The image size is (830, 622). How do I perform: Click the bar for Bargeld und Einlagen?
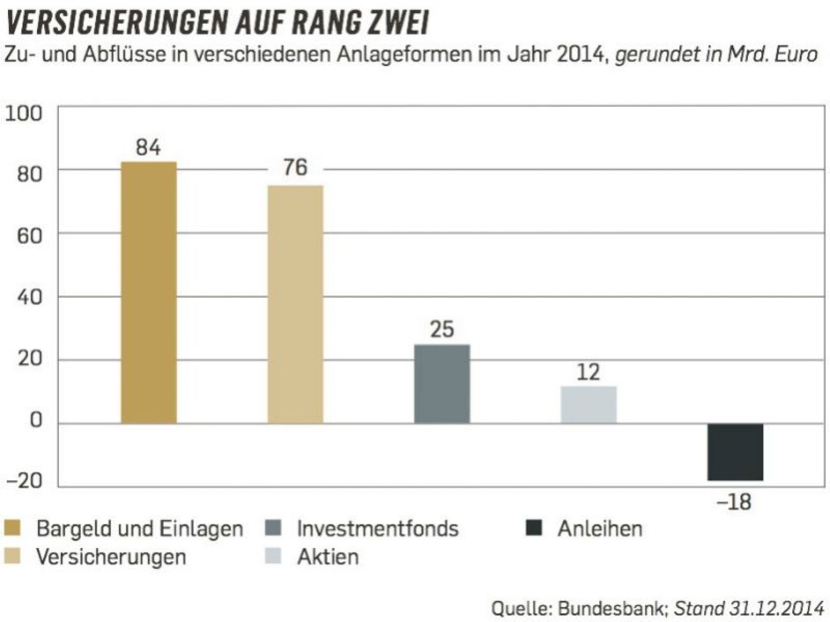149,292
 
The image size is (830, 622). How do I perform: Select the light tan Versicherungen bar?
295,304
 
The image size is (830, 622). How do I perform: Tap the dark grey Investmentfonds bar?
442,384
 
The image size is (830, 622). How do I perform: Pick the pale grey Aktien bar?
588,405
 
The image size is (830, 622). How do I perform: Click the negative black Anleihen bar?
735,452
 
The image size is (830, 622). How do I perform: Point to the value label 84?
148,147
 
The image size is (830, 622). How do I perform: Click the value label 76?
295,167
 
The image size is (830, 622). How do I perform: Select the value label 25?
442,329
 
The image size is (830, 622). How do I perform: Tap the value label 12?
588,372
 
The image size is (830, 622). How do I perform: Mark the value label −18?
734,502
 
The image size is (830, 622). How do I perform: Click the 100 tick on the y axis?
24,113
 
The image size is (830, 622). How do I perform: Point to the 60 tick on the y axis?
30,236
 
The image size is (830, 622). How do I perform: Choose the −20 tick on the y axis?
24,481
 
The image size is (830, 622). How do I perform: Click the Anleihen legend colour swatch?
533,528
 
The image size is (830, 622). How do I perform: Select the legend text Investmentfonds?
377,529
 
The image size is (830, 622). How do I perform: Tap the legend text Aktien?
328,557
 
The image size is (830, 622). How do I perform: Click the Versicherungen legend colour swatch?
12,556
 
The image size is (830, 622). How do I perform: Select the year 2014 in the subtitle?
580,55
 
